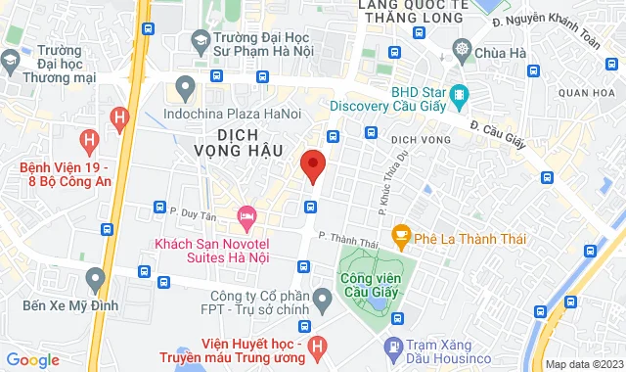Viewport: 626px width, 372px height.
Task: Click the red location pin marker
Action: pos(312,166)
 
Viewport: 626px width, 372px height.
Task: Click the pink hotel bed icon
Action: pos(246,213)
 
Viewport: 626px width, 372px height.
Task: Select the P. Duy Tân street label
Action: pos(191,208)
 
